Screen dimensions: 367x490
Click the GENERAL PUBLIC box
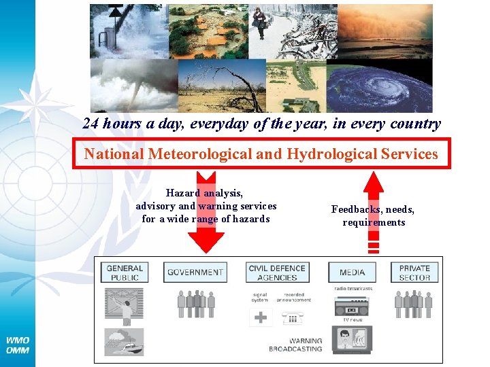(125, 273)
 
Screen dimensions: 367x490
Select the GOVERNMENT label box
(195, 273)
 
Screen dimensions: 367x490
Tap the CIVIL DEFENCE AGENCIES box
(278, 273)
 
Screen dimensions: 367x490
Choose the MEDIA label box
(352, 273)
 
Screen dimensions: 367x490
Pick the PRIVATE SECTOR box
(414, 273)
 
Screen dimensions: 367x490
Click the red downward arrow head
(205, 241)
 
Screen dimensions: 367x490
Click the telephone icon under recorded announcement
(293, 317)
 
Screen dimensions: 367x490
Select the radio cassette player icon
(352, 307)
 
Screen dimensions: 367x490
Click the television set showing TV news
(352, 339)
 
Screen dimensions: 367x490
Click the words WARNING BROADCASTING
(295, 345)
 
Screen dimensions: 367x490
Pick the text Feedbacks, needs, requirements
(373, 216)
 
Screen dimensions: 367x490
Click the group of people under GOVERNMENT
(196, 303)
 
